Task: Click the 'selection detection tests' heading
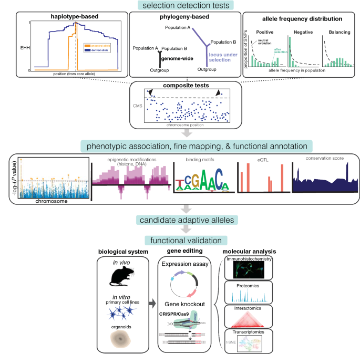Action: (180, 5)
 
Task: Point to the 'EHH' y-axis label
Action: (24, 47)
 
